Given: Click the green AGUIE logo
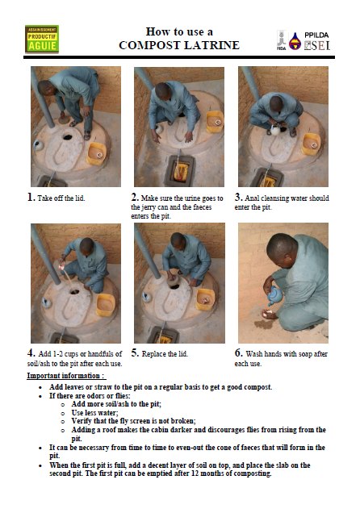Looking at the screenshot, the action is click(x=42, y=39).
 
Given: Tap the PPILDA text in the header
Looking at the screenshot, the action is click(x=316, y=35).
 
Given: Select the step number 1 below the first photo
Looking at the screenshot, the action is click(x=31, y=198).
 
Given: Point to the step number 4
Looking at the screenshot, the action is click(x=31, y=353).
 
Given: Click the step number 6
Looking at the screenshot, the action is click(x=238, y=353).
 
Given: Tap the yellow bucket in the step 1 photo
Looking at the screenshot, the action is click(x=97, y=153).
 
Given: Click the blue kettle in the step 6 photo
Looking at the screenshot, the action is click(x=274, y=295).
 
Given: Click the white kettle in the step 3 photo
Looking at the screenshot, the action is click(x=275, y=131).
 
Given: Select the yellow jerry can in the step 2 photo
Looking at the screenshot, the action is click(x=181, y=172).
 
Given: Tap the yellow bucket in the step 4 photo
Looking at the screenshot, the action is click(x=106, y=305).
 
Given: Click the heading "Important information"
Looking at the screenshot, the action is click(x=66, y=376).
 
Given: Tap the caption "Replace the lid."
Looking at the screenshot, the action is click(x=165, y=354).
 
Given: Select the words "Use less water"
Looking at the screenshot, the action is click(x=95, y=412).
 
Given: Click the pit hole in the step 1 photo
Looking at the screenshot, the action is click(x=68, y=137).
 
